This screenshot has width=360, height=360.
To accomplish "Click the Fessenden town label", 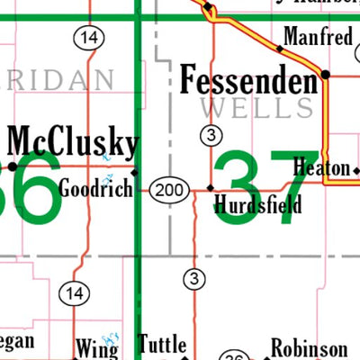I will [x=249, y=81].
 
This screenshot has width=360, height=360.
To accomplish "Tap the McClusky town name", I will [x=74, y=143].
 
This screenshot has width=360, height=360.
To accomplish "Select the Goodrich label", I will [x=95, y=189].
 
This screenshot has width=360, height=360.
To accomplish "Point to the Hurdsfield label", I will [x=257, y=206].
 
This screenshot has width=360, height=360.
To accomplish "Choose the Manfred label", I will [x=318, y=38].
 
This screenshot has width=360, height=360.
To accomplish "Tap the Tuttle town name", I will [x=163, y=344].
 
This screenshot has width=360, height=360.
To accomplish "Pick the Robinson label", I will [x=310, y=349].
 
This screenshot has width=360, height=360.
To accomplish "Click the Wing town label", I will [x=96, y=347].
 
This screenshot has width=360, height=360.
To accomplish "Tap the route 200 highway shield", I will [x=166, y=190].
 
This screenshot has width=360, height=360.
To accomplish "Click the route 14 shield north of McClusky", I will [x=87, y=37].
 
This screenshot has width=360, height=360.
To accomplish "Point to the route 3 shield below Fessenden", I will [x=210, y=136].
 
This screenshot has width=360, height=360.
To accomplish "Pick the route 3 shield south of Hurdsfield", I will [x=193, y=279].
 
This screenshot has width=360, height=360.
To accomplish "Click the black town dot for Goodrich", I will [x=135, y=172].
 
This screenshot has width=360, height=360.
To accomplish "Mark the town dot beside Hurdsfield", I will [x=211, y=188].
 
